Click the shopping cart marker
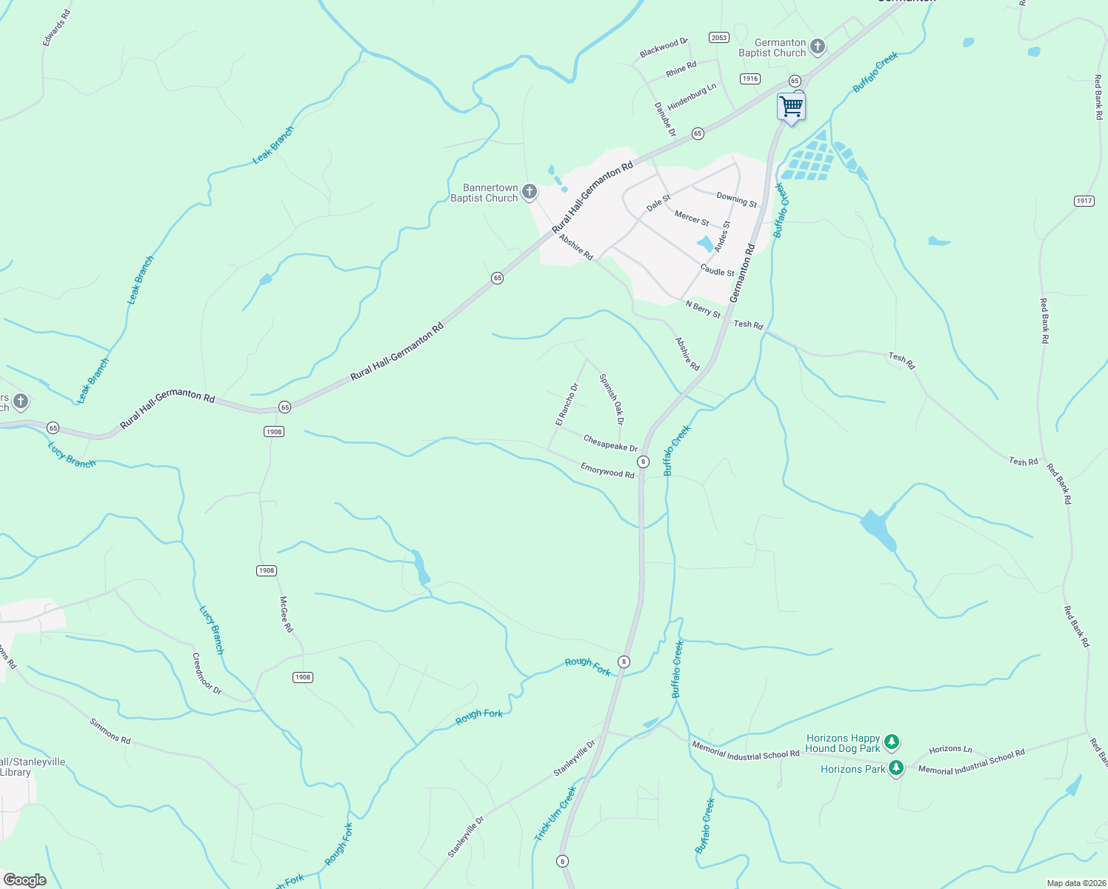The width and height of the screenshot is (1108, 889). pos(791,107)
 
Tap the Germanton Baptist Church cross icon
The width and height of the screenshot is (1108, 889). pos(818,47)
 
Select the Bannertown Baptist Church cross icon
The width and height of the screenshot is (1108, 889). pos(529,193)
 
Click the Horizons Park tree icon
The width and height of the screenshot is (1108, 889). pos(896,768)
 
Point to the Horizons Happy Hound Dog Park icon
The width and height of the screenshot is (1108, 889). pos(892,742)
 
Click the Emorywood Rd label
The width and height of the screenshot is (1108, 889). pos(607,470)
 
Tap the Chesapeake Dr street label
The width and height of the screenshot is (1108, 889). pos(610,443)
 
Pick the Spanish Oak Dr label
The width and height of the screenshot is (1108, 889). pos(612,399)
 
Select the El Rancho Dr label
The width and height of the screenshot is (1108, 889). pos(567,404)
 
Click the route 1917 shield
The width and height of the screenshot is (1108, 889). pos(1084,201)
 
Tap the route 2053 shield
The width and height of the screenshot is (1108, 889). pos(718,38)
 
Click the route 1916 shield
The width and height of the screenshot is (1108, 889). pos(750,79)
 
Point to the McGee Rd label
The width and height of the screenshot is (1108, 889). pos(286,614)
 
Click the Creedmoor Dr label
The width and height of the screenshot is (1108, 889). pos(207,673)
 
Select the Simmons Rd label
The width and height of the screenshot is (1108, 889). pos(110,730)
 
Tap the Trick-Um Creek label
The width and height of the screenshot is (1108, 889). pos(555,813)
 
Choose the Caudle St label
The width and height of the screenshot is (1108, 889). pos(717,271)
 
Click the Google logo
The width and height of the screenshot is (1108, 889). pos(24,880)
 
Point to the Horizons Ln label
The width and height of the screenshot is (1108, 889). pos(950,750)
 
